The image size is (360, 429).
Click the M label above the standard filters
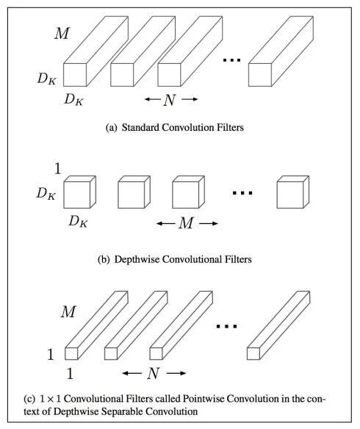click(x=62, y=33)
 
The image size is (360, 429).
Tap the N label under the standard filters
click(x=170, y=100)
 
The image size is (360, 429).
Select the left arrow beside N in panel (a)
click(x=153, y=99)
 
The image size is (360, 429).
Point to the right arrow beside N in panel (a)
click(x=190, y=99)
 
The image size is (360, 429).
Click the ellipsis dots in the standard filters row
click(x=231, y=60)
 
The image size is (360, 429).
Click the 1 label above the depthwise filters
click(x=57, y=168)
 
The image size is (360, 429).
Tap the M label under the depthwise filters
click(x=187, y=223)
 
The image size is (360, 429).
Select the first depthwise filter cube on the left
click(x=79, y=192)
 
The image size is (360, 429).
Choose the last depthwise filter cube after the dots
click(x=293, y=192)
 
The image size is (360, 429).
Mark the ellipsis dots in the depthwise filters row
click(x=242, y=193)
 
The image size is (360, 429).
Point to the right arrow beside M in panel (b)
click(x=209, y=223)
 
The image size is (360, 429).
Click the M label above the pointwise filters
click(x=68, y=311)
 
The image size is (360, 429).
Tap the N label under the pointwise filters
click(x=154, y=373)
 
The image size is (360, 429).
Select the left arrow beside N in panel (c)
click(x=132, y=373)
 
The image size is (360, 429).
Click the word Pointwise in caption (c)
click(x=203, y=399)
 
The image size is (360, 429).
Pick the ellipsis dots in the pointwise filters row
click(x=226, y=326)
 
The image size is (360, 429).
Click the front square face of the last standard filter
click(x=260, y=75)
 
